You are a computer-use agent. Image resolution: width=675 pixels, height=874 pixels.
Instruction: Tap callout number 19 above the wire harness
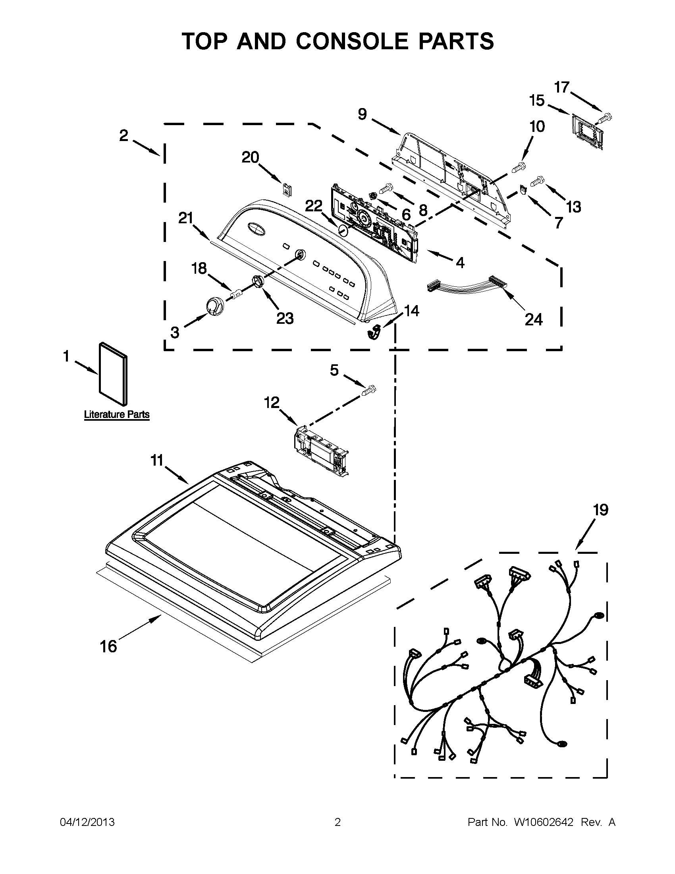pyautogui.click(x=600, y=510)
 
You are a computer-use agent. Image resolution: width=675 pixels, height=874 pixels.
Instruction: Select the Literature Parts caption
pyautogui.click(x=116, y=415)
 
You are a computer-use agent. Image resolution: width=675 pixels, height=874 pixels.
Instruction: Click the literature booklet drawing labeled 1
pyautogui.click(x=114, y=373)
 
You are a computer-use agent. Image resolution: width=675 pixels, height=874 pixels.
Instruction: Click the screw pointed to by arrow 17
pyautogui.click(x=606, y=117)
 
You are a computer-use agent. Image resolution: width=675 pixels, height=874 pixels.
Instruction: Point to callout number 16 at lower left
pyautogui.click(x=108, y=646)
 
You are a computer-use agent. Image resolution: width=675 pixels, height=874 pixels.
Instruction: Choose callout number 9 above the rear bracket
pyautogui.click(x=362, y=114)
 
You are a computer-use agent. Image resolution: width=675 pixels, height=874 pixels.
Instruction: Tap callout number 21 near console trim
pyautogui.click(x=185, y=219)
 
